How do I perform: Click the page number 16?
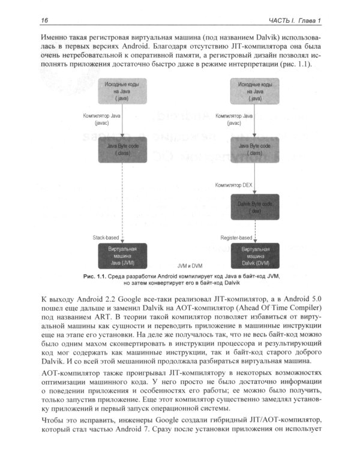[x=44, y=22]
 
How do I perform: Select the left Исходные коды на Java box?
[x=122, y=91]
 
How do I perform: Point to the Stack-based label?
[x=105, y=238]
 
